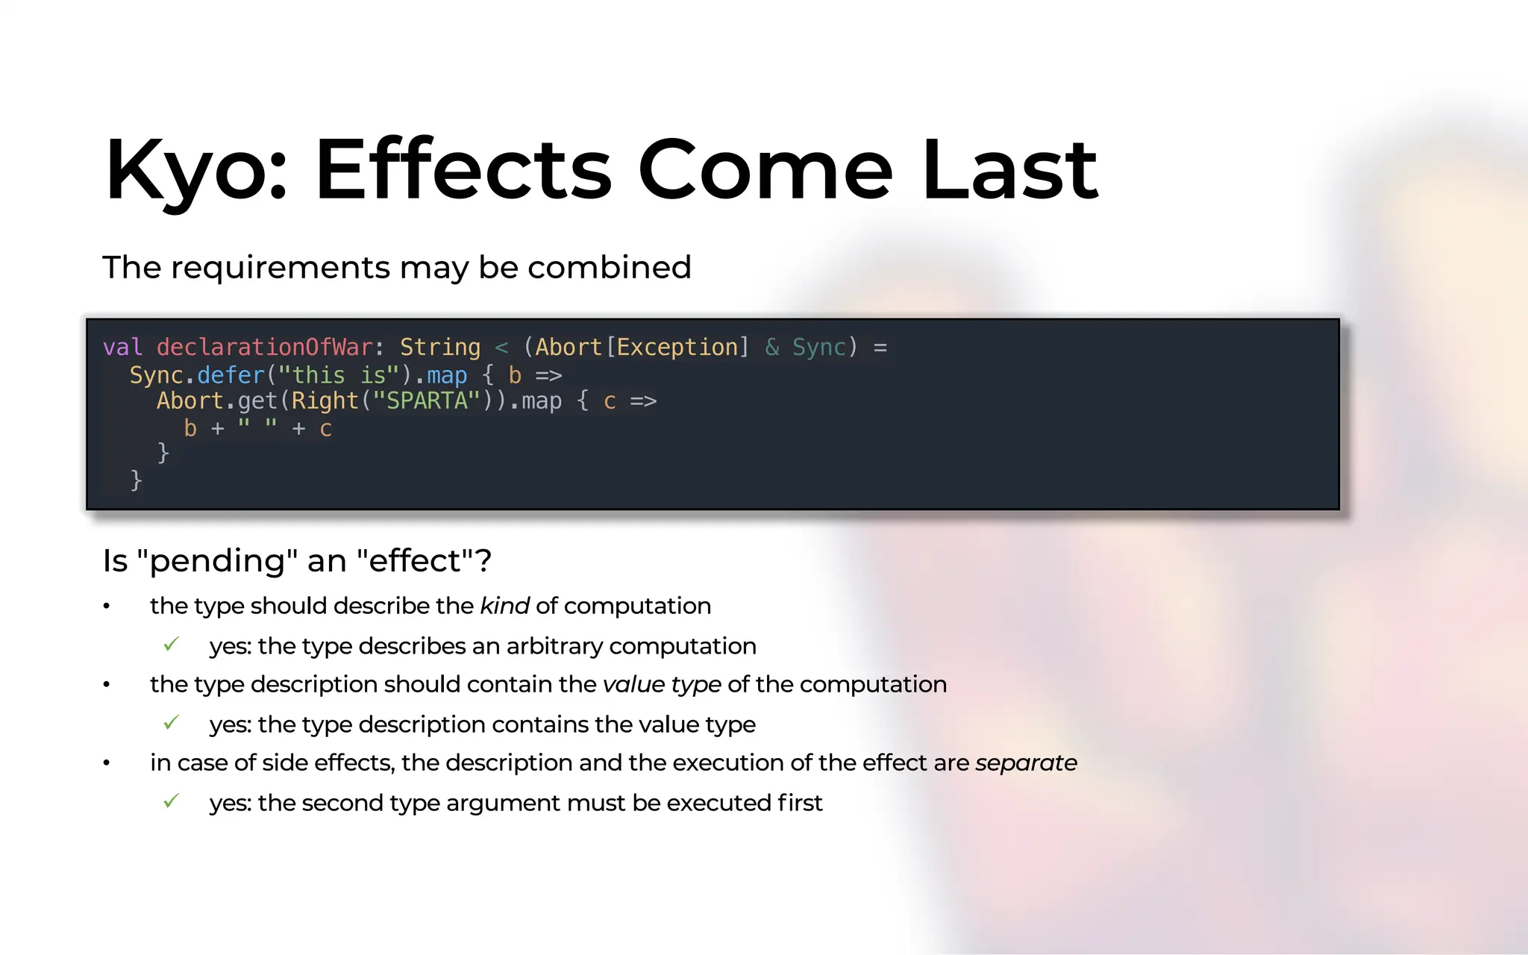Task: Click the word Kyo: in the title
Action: coord(195,170)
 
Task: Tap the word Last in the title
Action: coord(1009,170)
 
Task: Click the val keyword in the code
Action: coord(122,348)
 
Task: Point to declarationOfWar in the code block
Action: coord(264,348)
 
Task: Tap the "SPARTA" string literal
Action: coord(427,401)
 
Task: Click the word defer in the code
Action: coord(231,375)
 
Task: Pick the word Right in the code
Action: coord(325,401)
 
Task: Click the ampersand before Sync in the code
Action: coord(772,348)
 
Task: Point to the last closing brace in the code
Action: coord(136,480)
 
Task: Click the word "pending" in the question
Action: coord(218,561)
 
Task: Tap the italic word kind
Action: coord(504,606)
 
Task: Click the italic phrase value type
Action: coord(662,684)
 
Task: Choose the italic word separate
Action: coord(1026,763)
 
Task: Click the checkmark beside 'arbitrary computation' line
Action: coord(172,645)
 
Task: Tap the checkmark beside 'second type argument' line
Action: coord(172,801)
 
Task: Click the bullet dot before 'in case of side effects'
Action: coord(107,763)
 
